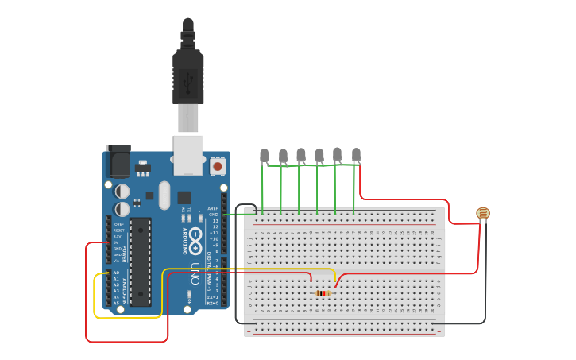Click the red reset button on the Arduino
[218, 167]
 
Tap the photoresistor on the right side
[483, 213]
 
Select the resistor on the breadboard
[323, 293]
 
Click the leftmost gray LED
[265, 155]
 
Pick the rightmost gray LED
[356, 154]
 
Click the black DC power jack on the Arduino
[118, 162]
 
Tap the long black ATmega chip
[141, 261]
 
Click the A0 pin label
[116, 273]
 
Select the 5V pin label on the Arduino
[117, 242]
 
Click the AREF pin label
[213, 209]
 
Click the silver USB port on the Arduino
[188, 154]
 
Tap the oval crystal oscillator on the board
[164, 195]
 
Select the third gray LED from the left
[301, 154]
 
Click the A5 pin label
[116, 303]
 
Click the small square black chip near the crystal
[184, 197]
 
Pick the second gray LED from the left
[283, 155]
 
